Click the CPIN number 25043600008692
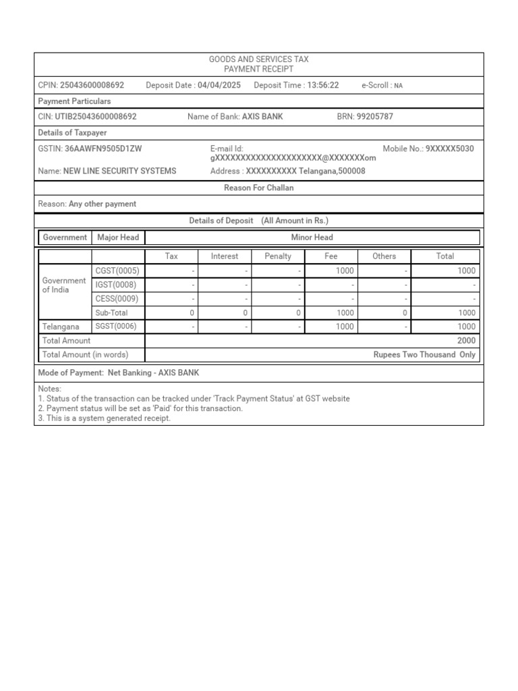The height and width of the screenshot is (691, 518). pyautogui.click(x=92, y=85)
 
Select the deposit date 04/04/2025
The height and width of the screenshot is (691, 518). pyautogui.click(x=219, y=85)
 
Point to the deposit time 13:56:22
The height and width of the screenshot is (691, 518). pyautogui.click(x=323, y=85)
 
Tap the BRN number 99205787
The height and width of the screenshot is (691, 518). pyautogui.click(x=374, y=117)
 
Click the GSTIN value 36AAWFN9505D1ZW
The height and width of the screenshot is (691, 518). pyautogui.click(x=103, y=148)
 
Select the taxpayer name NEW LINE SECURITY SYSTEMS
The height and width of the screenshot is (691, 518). pyautogui.click(x=119, y=171)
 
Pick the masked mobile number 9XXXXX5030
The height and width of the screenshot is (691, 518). pyautogui.click(x=449, y=148)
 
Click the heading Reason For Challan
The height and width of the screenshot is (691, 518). pyautogui.click(x=259, y=188)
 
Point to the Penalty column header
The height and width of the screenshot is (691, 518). pyautogui.click(x=278, y=256)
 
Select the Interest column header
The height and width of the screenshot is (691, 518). pyautogui.click(x=225, y=256)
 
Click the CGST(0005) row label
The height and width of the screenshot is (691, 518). pyautogui.click(x=117, y=271)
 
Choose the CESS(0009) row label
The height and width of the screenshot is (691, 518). pyautogui.click(x=117, y=299)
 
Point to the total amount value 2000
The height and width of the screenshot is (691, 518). pyautogui.click(x=466, y=341)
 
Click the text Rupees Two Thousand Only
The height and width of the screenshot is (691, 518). pyautogui.click(x=424, y=355)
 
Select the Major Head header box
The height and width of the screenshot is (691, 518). pyautogui.click(x=118, y=238)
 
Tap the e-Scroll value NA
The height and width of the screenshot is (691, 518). pyautogui.click(x=399, y=86)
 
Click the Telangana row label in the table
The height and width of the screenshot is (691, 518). pyautogui.click(x=61, y=327)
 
